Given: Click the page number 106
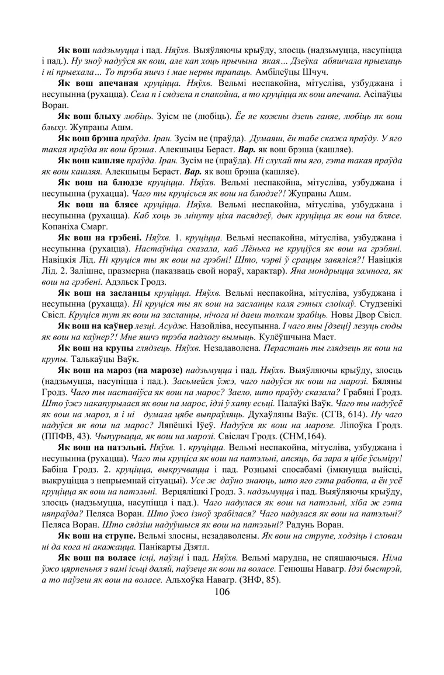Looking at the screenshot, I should click(222, 592).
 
